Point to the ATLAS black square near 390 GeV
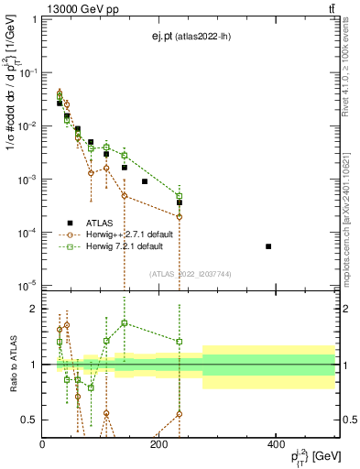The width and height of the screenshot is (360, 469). point(268,246)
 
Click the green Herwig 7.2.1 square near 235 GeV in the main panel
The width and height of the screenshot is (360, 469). point(180,196)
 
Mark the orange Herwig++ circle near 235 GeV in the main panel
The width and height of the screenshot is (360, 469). point(180,216)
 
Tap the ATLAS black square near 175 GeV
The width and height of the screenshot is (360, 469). point(145,181)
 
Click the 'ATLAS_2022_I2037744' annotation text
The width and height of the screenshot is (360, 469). point(189,274)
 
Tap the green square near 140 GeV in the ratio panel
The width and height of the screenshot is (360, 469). point(125,322)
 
